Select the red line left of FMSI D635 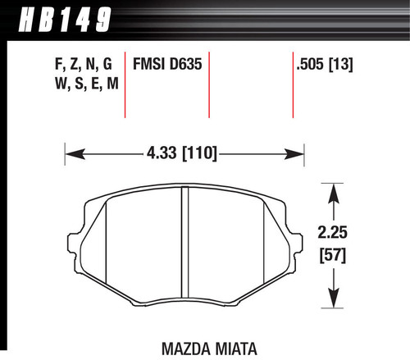coord(124,86)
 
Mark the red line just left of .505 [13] coord(293,86)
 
